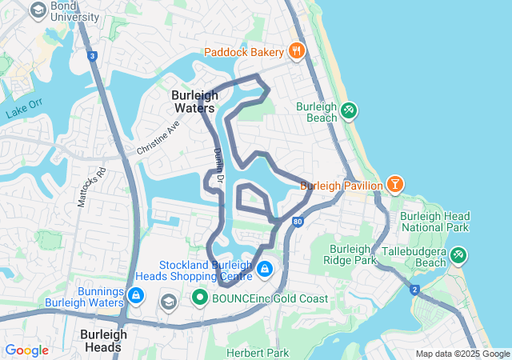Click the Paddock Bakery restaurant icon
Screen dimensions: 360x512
click(296, 51)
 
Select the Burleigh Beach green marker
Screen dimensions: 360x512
click(348, 110)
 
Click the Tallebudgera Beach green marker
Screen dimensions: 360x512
click(458, 255)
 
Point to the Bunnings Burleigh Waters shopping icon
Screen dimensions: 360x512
click(135, 297)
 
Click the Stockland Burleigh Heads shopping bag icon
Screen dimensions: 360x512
click(264, 270)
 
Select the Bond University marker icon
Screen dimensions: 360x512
click(38, 10)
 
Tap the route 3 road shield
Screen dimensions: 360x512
click(93, 56)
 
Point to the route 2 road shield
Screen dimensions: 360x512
click(414, 289)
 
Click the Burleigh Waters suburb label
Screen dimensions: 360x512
click(194, 101)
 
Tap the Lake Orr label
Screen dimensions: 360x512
click(23, 110)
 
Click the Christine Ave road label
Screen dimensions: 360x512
click(158, 138)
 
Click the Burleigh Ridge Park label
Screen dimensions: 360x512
click(350, 254)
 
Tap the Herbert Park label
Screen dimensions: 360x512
click(257, 353)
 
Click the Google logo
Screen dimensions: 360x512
click(27, 350)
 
